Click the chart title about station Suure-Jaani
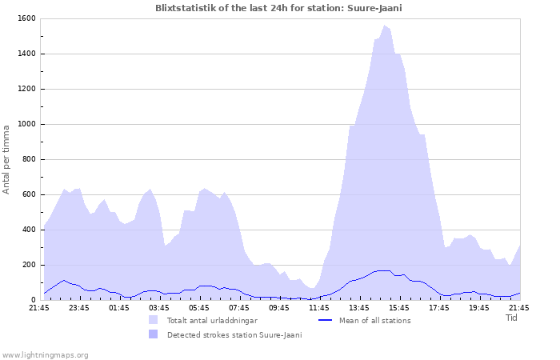[279, 8]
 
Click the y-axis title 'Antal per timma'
[7, 158]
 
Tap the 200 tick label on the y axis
[28, 265]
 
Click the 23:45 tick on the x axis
[79, 307]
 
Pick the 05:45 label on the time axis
[199, 307]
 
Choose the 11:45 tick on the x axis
[319, 307]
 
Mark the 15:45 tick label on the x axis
[399, 307]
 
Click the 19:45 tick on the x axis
[479, 307]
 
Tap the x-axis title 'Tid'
[512, 318]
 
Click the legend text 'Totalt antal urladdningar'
[212, 321]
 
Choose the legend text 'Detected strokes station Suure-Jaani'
[234, 335]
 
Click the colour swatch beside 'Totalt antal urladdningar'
[153, 320]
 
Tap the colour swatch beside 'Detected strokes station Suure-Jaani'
[153, 334]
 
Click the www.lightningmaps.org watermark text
[45, 354]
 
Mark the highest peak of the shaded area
[385, 26]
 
